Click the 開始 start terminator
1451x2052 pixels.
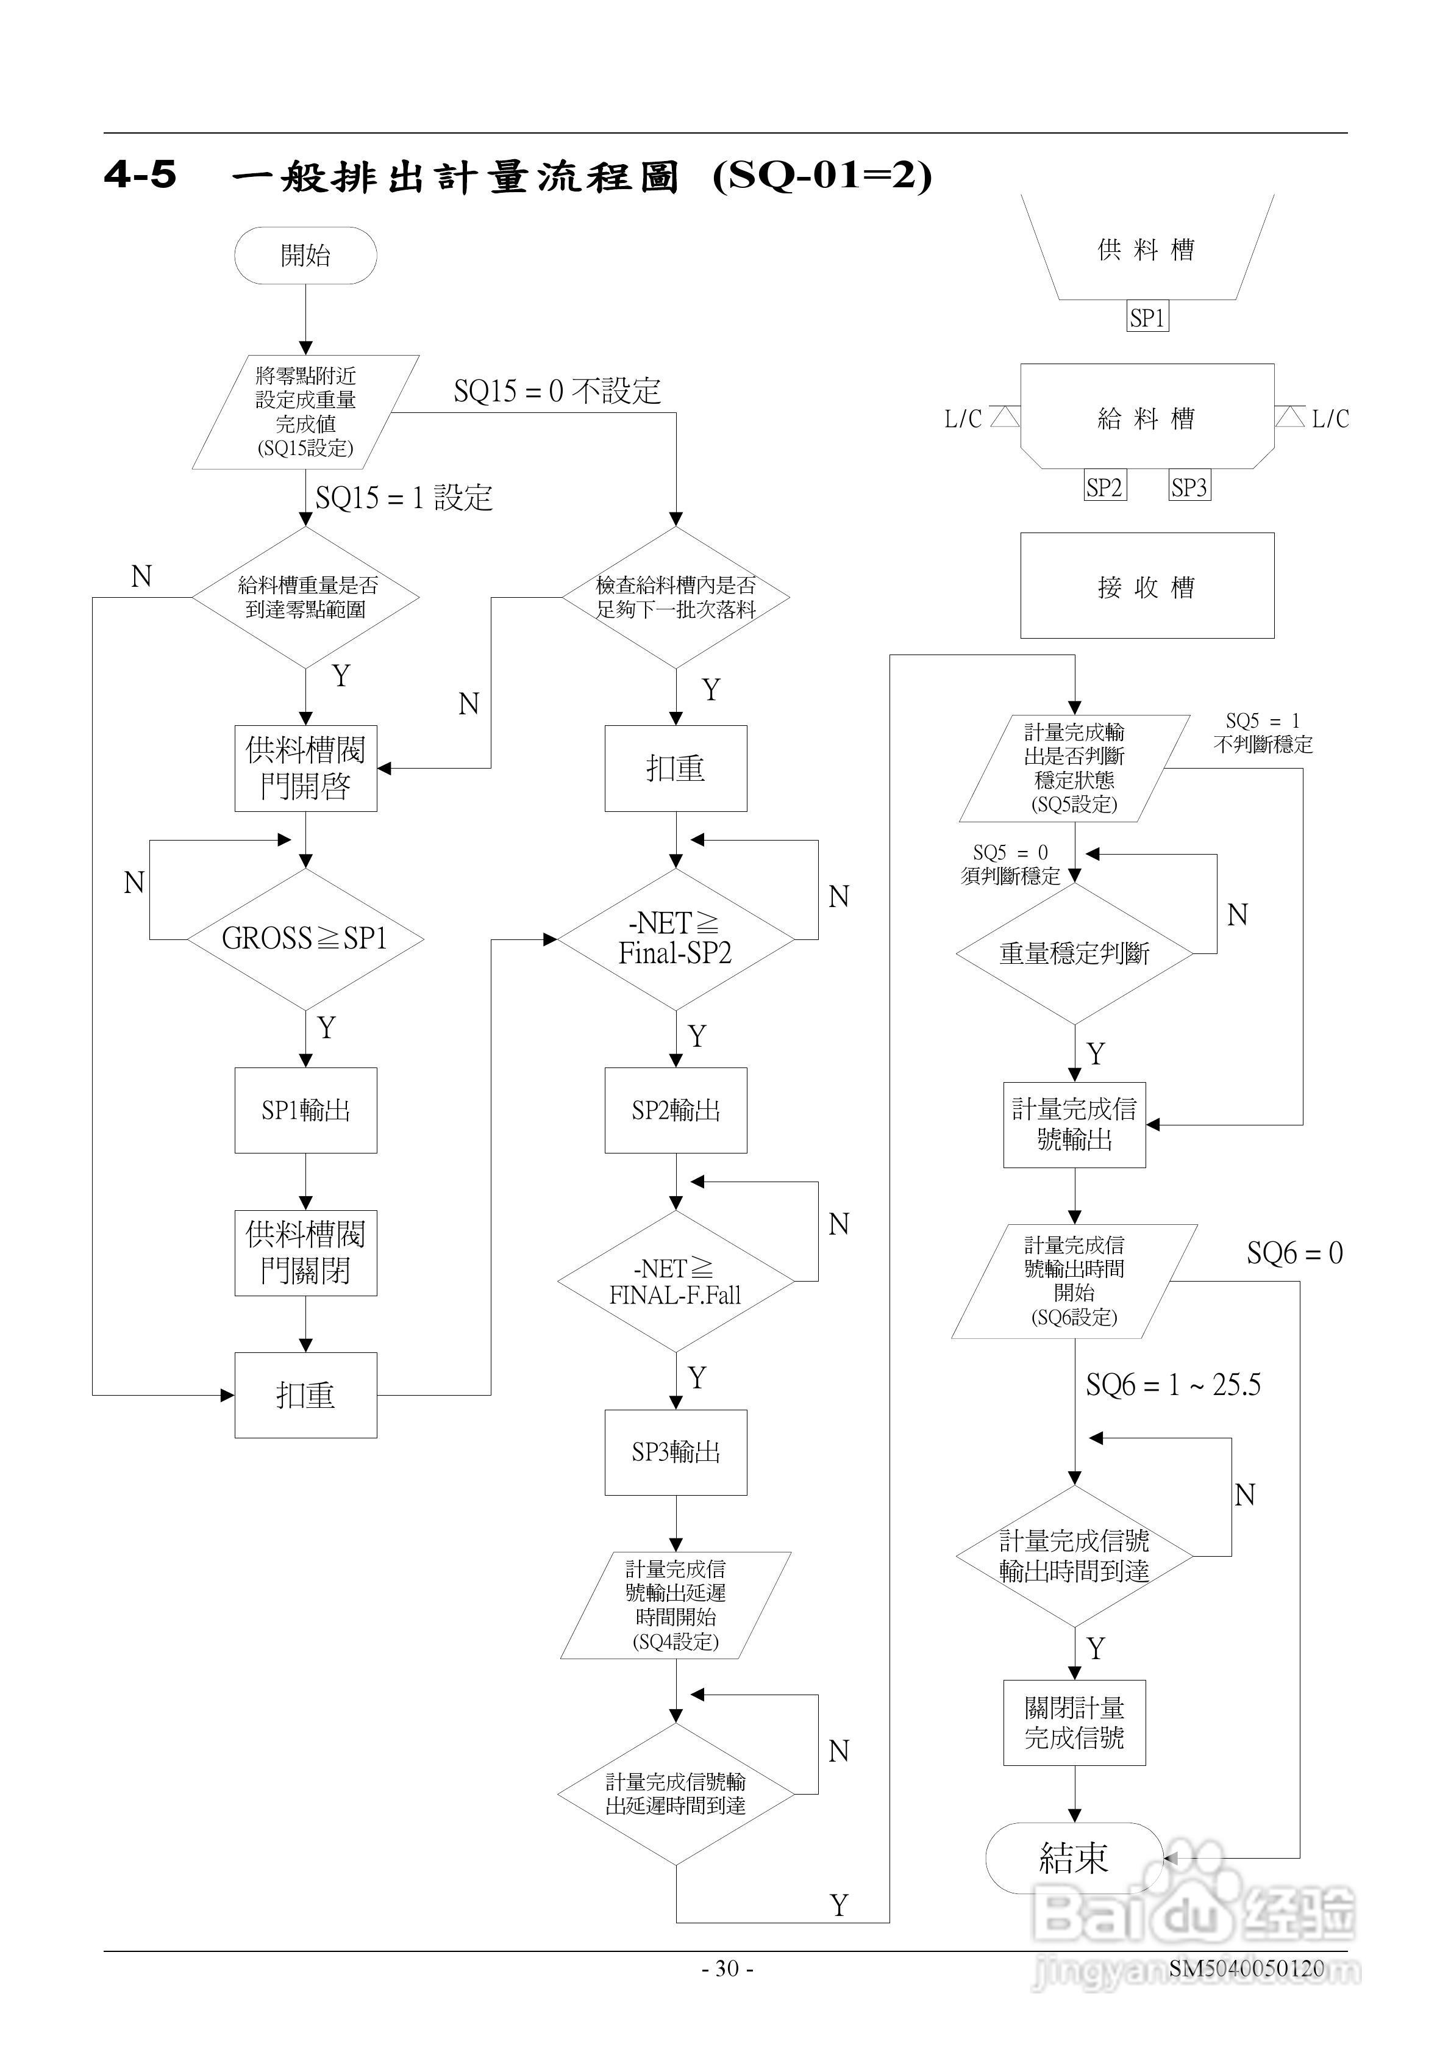(x=305, y=256)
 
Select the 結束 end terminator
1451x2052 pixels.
(x=1074, y=1858)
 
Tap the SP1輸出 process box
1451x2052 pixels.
(x=305, y=1110)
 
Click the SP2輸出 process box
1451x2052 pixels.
(x=676, y=1110)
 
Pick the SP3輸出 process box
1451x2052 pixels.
(x=676, y=1452)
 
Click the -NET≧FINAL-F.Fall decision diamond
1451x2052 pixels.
(x=676, y=1282)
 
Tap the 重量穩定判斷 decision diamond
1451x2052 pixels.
(x=1074, y=953)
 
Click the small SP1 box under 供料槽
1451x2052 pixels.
(x=1147, y=317)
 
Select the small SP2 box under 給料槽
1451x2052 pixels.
(x=1104, y=487)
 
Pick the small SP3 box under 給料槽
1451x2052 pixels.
(x=1189, y=487)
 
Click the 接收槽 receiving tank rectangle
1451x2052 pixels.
(x=1147, y=586)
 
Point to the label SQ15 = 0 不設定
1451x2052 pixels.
(x=557, y=390)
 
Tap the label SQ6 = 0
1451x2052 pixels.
(x=1295, y=1253)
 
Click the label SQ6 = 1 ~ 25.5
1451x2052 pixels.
(x=1173, y=1385)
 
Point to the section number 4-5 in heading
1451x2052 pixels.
(x=140, y=174)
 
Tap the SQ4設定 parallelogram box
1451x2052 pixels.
(x=676, y=1605)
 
